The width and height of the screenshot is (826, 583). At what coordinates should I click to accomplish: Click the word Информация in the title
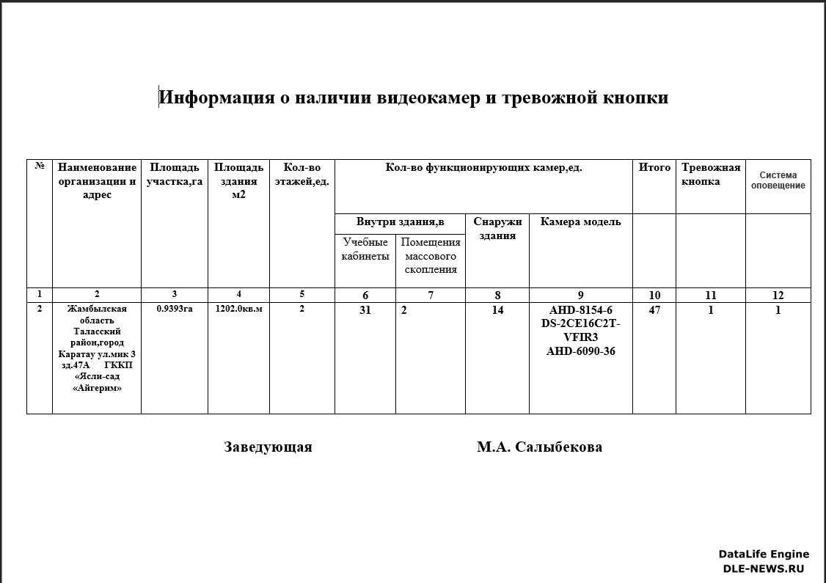click(210, 98)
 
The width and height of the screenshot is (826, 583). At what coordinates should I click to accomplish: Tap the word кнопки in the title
click(635, 98)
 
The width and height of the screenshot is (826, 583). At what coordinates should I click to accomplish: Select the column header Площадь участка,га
click(174, 175)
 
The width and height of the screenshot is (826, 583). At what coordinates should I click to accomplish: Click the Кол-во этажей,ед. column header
click(301, 175)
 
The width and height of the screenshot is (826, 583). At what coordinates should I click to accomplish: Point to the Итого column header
click(654, 167)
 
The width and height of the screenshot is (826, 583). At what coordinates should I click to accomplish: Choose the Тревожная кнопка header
click(710, 175)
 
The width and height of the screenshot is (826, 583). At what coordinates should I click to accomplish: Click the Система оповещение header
click(778, 180)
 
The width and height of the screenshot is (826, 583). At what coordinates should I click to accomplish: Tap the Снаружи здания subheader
click(497, 229)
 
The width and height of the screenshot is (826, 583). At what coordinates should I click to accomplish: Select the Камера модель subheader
click(580, 221)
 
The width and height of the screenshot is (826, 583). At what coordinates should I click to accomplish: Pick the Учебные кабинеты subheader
click(365, 249)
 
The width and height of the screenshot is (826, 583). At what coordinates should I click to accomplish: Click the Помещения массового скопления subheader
click(431, 256)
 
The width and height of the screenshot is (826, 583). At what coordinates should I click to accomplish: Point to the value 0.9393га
click(175, 309)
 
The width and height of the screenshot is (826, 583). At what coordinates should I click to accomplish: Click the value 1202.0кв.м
click(238, 309)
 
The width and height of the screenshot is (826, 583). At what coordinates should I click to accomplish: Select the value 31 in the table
click(365, 310)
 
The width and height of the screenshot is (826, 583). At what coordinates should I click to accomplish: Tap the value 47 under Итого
click(654, 310)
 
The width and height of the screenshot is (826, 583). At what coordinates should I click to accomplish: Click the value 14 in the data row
click(497, 310)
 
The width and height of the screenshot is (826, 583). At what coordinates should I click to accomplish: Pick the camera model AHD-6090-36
click(580, 351)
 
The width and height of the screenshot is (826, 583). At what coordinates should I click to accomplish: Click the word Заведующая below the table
click(268, 447)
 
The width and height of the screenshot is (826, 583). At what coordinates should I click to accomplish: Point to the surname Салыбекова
click(559, 447)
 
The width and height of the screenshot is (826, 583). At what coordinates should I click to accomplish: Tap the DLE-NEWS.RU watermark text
click(763, 568)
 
